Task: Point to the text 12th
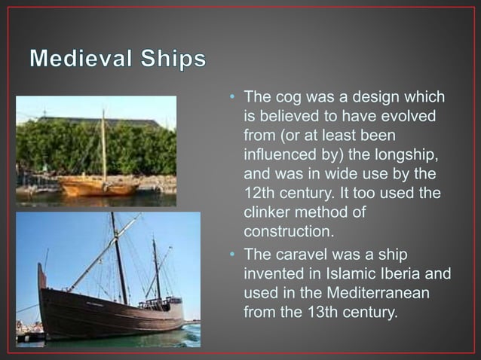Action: (x=260, y=194)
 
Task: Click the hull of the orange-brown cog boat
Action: (x=98, y=185)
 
